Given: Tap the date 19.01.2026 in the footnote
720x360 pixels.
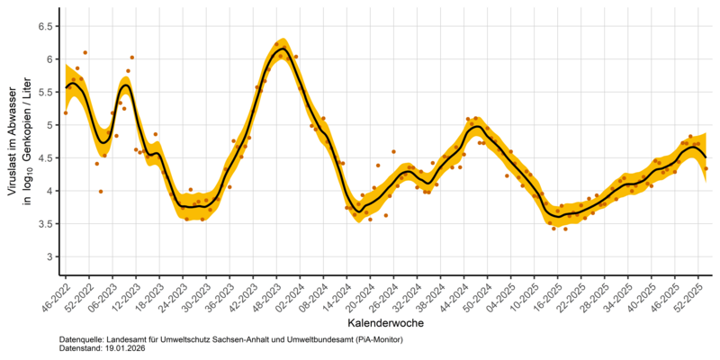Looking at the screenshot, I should [124, 348].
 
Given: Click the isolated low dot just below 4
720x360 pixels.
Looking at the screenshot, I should [101, 191].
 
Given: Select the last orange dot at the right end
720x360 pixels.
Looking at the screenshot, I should [706, 168].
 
